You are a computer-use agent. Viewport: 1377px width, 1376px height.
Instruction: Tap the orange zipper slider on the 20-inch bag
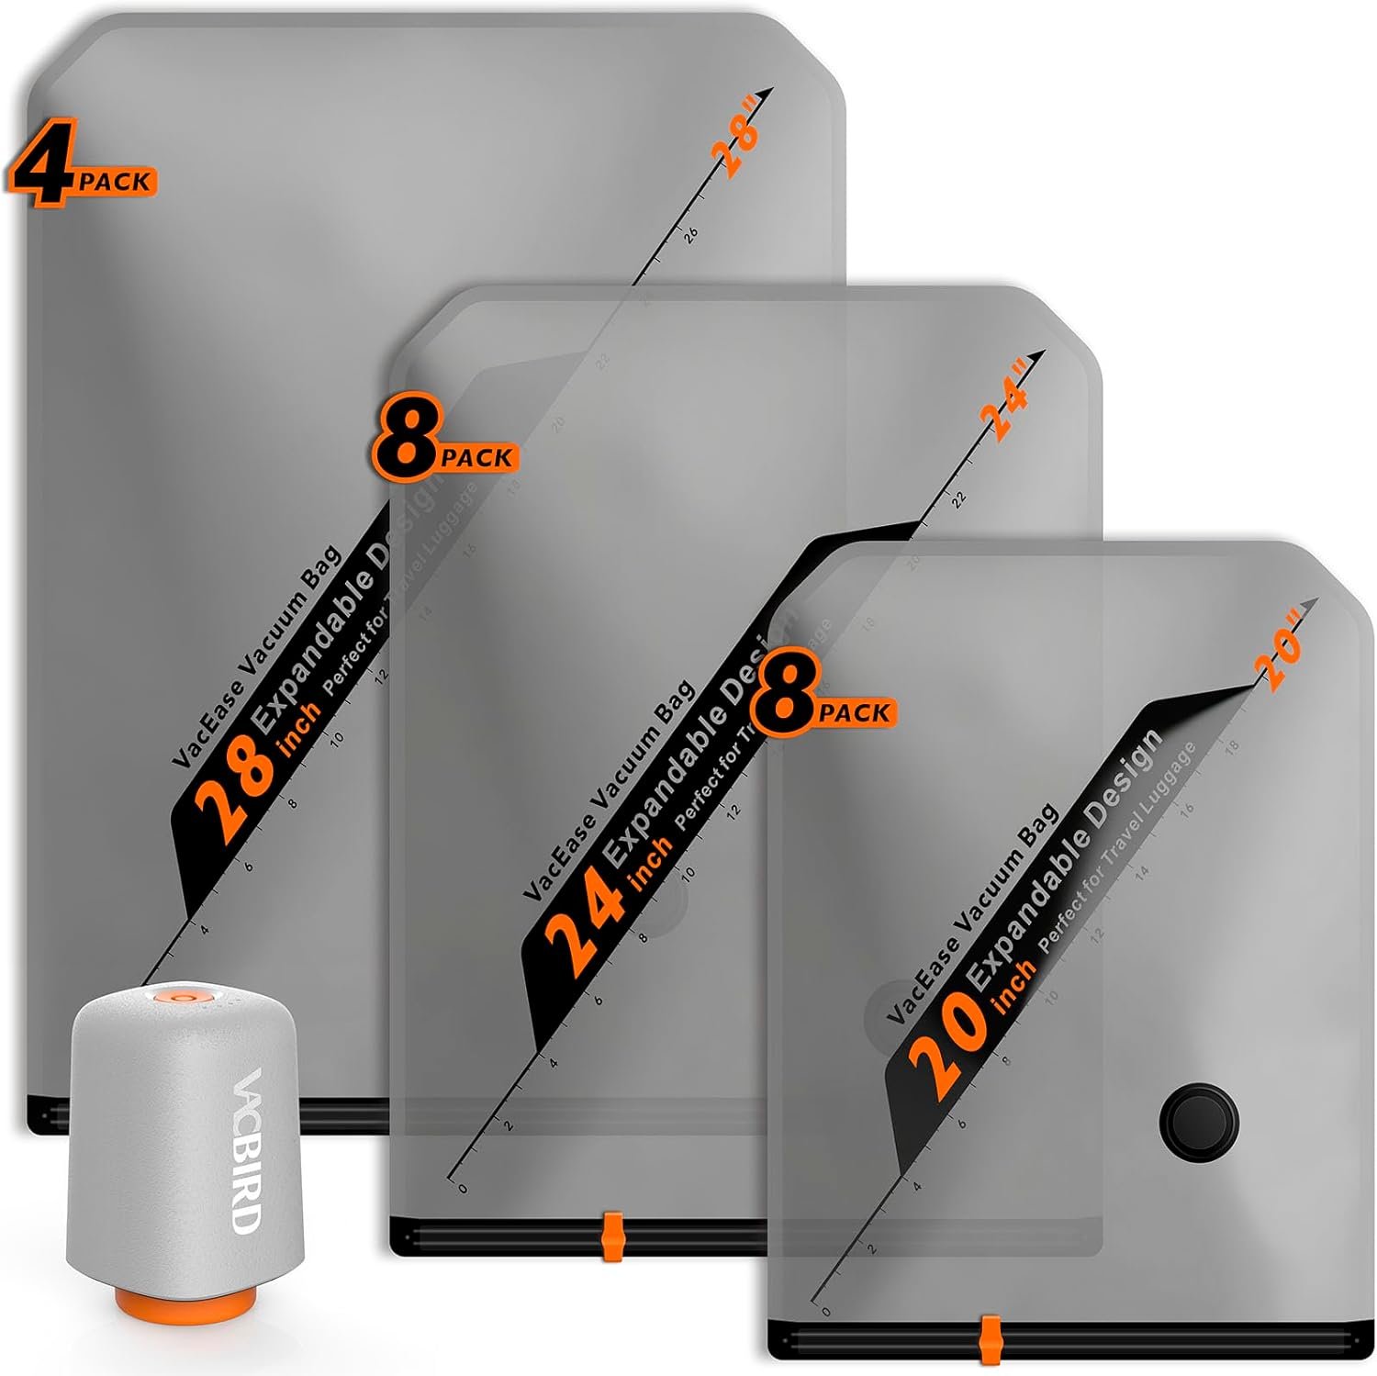(990, 1339)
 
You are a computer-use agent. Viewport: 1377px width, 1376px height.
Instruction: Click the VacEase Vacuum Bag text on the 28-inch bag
(257, 655)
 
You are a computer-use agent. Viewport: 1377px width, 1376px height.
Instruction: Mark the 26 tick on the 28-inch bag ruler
(690, 234)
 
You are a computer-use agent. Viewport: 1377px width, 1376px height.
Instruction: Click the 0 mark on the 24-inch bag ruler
(462, 1188)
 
